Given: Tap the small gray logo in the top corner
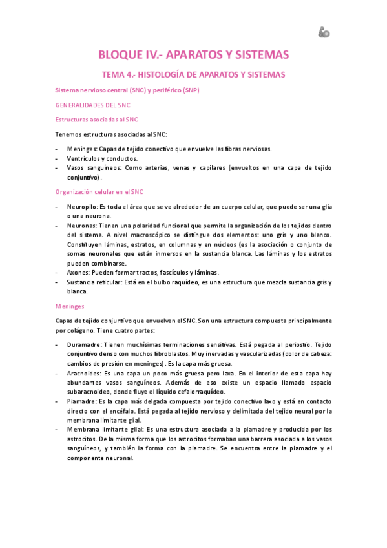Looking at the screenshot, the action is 324,32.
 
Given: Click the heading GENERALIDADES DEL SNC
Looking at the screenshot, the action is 93,105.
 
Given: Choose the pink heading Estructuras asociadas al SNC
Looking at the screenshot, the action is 97,120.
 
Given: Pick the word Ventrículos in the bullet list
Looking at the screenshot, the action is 83,158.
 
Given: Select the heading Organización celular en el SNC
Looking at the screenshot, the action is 99,192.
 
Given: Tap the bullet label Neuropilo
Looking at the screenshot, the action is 82,206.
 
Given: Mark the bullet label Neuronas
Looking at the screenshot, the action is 81,226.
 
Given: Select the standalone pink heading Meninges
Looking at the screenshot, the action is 70,306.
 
